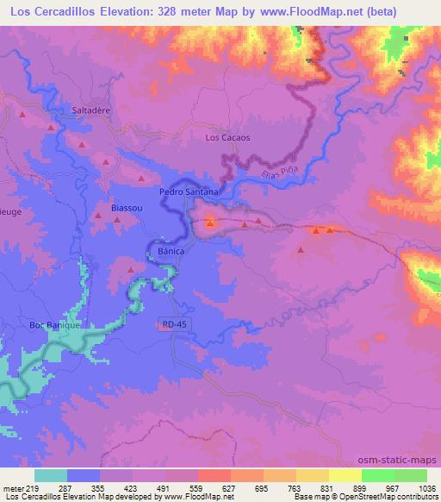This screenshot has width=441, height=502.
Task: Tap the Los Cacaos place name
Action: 227,137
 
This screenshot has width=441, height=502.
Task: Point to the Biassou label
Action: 127,208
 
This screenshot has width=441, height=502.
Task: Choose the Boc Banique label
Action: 54,325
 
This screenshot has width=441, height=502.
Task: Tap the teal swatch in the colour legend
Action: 51,475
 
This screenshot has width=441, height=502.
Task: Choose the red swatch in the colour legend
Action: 214,475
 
